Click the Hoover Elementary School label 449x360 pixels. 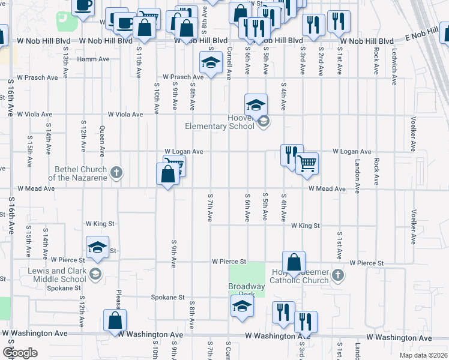[228, 122]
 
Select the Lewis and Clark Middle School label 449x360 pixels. [57, 275]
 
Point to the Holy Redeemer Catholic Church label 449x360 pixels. [299, 276]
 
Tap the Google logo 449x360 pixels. [20, 353]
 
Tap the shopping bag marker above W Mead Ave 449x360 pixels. [168, 175]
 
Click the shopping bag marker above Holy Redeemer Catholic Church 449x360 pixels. [294, 262]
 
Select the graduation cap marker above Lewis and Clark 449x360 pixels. [97, 247]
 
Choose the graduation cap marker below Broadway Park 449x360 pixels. [242, 305]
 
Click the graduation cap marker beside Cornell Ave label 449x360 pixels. [211, 62]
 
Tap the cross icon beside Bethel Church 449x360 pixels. [116, 174]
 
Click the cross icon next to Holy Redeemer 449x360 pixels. [338, 275]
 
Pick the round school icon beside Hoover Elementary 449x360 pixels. [262, 122]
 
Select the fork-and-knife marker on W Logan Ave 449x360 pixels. [291, 155]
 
